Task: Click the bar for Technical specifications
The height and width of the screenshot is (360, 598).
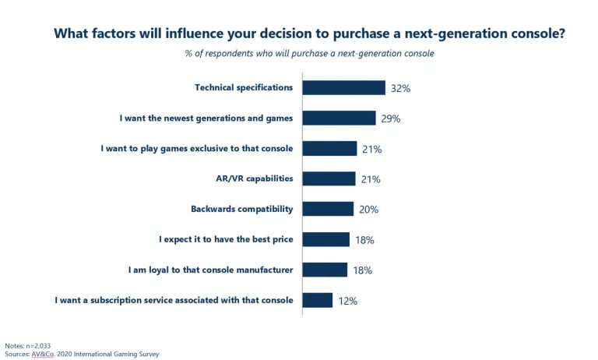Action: coord(343,87)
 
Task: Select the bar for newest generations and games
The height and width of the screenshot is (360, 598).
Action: coord(339,118)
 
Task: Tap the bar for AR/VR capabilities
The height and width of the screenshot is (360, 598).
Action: coord(329,178)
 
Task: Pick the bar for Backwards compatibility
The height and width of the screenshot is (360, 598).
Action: coord(328,209)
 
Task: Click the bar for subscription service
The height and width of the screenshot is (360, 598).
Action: coord(317,300)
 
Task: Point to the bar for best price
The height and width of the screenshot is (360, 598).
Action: coord(325,239)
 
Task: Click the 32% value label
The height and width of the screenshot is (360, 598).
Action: coord(400,88)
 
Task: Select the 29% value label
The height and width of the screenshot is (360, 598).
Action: coord(391,118)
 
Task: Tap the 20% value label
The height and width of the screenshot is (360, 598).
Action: coord(368,210)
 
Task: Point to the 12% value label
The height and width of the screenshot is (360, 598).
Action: coord(347,301)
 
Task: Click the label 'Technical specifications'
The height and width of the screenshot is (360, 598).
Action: coord(244,87)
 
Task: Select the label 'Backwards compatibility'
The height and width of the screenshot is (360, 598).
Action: coord(241,209)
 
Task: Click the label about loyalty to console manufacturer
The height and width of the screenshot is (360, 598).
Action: coord(210,270)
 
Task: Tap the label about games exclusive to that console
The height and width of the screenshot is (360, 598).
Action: coord(197,148)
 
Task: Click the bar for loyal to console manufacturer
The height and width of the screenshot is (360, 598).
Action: coord(325,270)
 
